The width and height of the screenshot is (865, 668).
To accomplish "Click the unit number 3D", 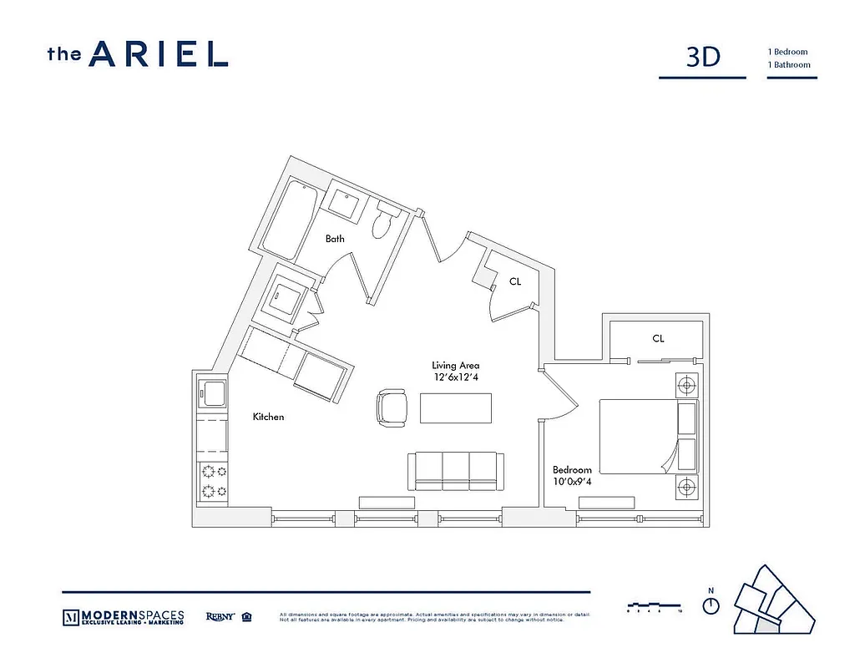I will pyautogui.click(x=702, y=57).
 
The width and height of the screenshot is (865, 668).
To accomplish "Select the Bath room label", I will pyautogui.click(x=335, y=239).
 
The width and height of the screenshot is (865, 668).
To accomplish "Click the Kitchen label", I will pyautogui.click(x=269, y=417).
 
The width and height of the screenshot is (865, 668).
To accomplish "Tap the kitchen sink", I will pyautogui.click(x=212, y=392).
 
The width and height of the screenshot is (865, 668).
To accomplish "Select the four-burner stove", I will pyautogui.click(x=212, y=482).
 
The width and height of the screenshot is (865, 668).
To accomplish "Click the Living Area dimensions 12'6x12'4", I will pyautogui.click(x=456, y=377).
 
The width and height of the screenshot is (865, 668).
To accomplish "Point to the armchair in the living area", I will pyautogui.click(x=391, y=408).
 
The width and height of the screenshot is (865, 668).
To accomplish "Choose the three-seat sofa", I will pyautogui.click(x=455, y=472).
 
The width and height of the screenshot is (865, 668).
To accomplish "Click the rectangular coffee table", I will pyautogui.click(x=456, y=408).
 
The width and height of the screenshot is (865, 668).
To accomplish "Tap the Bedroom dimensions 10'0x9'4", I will pyautogui.click(x=572, y=482).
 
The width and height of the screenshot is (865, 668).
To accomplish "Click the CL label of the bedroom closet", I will pyautogui.click(x=658, y=338).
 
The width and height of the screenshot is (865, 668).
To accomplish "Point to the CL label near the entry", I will pyautogui.click(x=515, y=282).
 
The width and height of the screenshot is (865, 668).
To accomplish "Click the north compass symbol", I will pyautogui.click(x=711, y=605).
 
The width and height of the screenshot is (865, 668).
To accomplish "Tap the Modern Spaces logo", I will pyautogui.click(x=124, y=618).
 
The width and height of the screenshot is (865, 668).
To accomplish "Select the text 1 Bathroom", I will pyautogui.click(x=789, y=64).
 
